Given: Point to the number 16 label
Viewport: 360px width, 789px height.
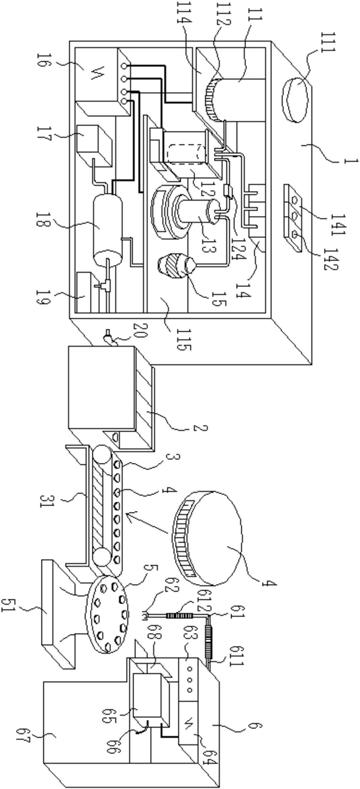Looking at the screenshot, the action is click(42, 63).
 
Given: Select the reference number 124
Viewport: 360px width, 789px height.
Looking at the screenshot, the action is click(237, 244).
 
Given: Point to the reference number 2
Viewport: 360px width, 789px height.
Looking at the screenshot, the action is click(200, 428).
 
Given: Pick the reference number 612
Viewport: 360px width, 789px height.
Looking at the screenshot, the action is click(204, 596).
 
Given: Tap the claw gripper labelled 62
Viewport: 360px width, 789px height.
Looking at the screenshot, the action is click(145, 616).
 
